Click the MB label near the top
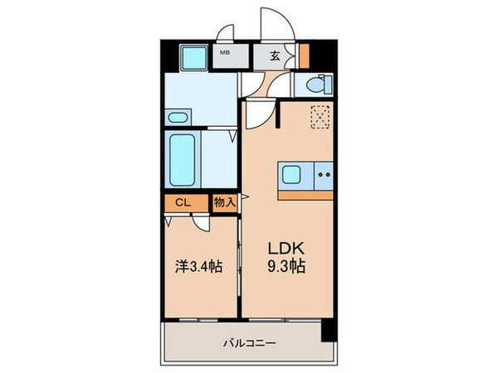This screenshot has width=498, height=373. (x=223, y=56)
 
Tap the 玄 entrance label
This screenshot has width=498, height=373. (x=275, y=56)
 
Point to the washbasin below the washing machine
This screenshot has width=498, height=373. (x=177, y=117)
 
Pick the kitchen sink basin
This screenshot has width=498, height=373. (x=293, y=174)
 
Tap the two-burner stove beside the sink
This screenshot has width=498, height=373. (x=325, y=174)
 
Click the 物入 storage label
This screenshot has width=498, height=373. (x=225, y=202)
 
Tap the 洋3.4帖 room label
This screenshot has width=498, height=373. (x=199, y=268)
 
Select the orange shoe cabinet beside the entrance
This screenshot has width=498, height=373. (x=304, y=56)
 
